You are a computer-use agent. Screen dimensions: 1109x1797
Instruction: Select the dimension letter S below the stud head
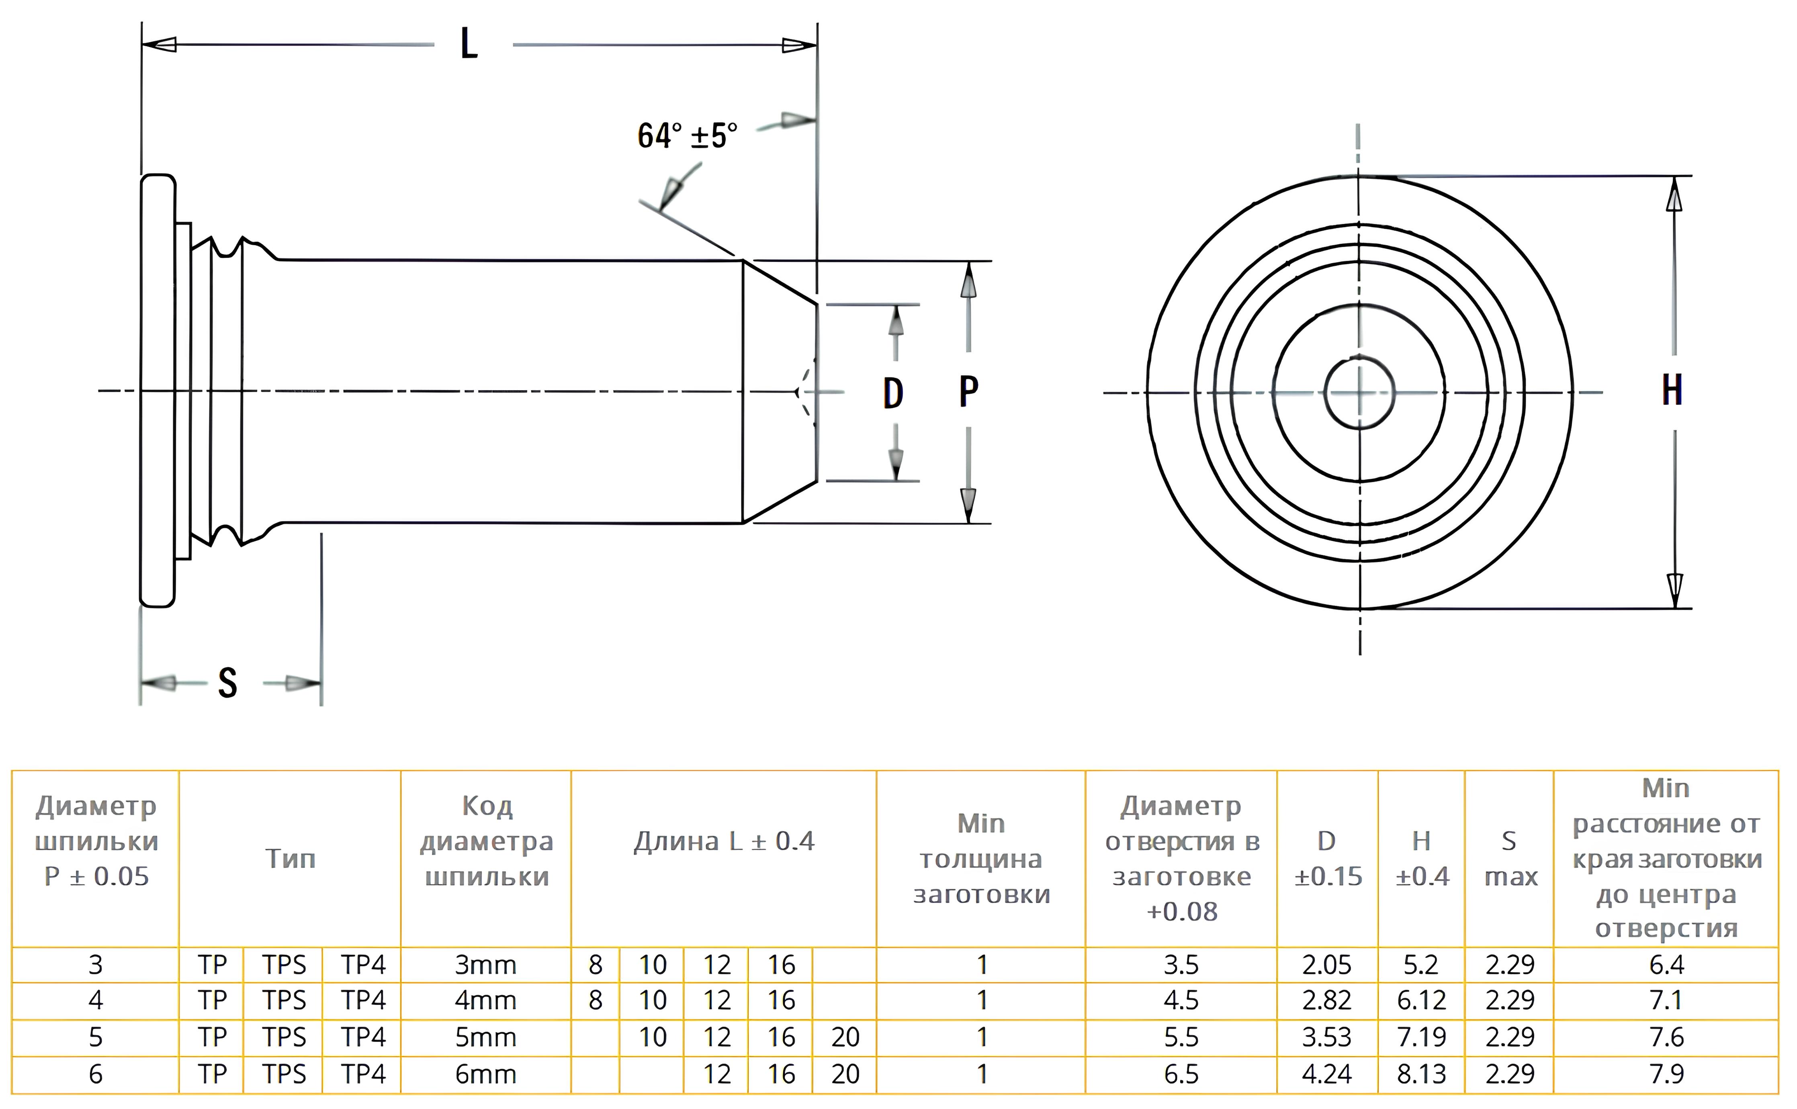coord(227,683)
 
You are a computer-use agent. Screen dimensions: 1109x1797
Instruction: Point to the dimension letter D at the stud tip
coord(892,394)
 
